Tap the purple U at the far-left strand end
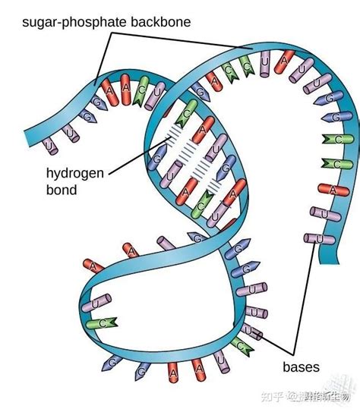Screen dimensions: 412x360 (x=47, y=144)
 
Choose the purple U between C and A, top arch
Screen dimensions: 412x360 (x=264, y=58)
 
